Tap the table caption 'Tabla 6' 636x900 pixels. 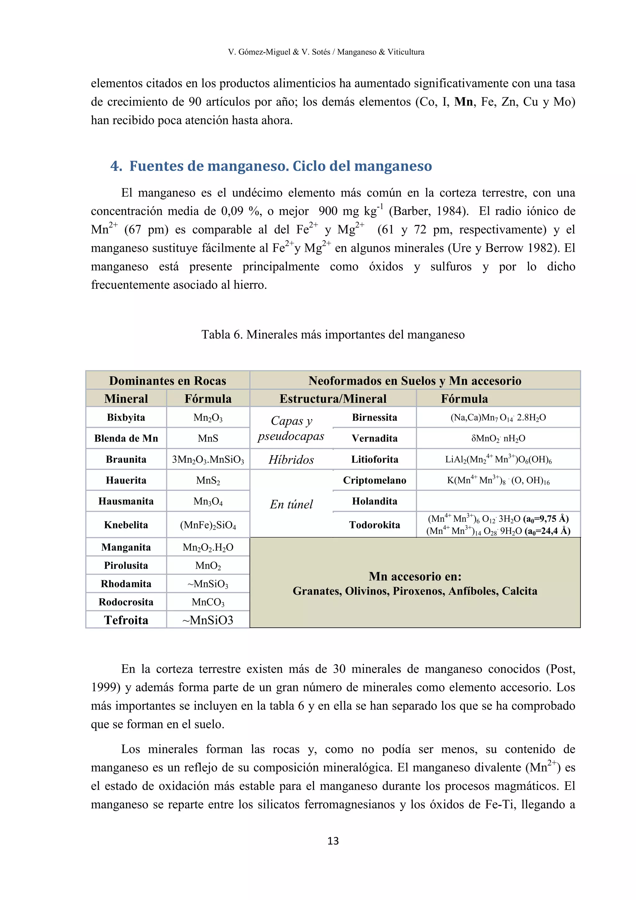[x=333, y=334]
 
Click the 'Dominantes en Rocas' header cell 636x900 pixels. [x=168, y=381]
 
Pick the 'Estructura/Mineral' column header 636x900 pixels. [x=333, y=399]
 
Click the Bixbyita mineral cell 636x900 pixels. [x=126, y=417]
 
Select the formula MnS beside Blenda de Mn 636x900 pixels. [x=208, y=438]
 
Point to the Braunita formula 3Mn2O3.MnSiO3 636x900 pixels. [x=208, y=459]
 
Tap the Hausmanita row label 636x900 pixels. [x=126, y=501]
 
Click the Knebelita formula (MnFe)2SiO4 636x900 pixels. [x=208, y=525]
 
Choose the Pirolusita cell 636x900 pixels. [x=126, y=565]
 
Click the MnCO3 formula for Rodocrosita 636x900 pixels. [x=208, y=602]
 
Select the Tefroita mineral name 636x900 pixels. [x=126, y=620]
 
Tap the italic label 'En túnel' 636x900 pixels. [x=291, y=504]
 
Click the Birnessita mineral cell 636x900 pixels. [x=375, y=417]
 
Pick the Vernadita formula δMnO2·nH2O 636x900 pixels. [x=498, y=438]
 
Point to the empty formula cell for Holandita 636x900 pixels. [x=498, y=501]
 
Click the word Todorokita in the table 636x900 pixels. [x=375, y=525]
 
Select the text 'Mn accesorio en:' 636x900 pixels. [x=415, y=576]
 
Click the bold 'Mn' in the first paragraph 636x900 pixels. [x=463, y=102]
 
